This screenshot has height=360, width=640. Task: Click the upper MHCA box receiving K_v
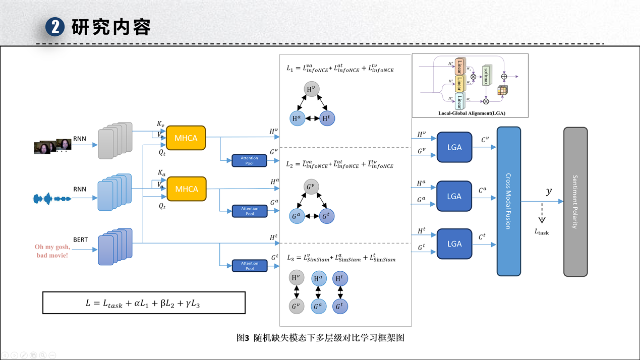[x=186, y=138]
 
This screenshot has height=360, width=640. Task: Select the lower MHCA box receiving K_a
[x=187, y=189]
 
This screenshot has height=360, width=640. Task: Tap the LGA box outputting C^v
[x=454, y=147]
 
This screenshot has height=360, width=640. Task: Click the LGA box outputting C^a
[x=454, y=196]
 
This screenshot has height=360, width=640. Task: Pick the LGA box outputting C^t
[x=454, y=244]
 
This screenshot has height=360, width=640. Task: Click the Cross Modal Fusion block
[x=508, y=201]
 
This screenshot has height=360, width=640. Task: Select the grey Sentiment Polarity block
[x=575, y=202]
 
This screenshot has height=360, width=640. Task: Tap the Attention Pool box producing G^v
[x=249, y=160]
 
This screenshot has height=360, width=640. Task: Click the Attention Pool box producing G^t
[x=249, y=266]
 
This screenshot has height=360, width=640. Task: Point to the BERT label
[x=80, y=239]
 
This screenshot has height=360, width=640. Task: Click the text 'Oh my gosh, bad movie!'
[x=52, y=251]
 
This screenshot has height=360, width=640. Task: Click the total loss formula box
[x=144, y=303]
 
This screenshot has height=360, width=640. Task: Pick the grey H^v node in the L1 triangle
[x=312, y=89]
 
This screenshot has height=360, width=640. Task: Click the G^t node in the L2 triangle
[x=327, y=216]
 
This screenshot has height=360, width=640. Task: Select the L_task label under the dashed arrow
[x=542, y=232]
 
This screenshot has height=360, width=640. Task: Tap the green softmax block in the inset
[x=486, y=76]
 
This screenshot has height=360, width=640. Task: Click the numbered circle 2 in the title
[x=55, y=27]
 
